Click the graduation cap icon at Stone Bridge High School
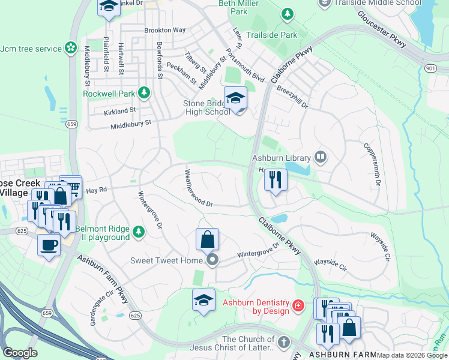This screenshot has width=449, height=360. tap(235, 98)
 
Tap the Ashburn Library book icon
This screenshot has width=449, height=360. tap(321, 158)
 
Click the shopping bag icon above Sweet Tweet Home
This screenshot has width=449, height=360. tap(207, 239)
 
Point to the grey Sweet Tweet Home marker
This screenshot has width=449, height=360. tap(212, 260)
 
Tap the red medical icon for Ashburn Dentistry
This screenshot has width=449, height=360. tap(298, 307)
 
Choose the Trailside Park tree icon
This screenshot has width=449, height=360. tap(288, 13)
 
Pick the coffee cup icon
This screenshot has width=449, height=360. tap(49, 244)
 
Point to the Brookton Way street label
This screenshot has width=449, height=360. tap(164, 30)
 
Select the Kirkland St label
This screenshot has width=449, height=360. tap(119, 111)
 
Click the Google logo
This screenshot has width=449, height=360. tap(20, 352)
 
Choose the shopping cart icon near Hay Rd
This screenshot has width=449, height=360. tap(71, 186)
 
